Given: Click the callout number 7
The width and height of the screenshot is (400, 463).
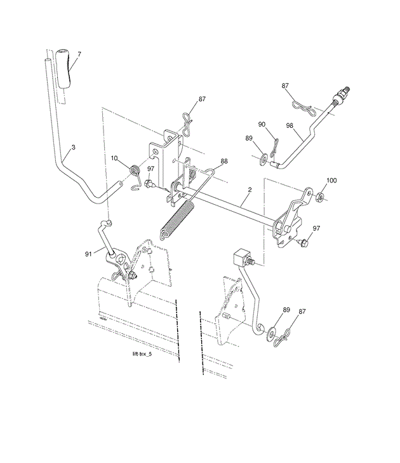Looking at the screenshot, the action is (x=79, y=54).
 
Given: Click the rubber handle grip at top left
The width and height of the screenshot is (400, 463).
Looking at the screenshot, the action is (x=64, y=68).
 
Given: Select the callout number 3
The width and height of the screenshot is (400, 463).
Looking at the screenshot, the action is (x=74, y=147).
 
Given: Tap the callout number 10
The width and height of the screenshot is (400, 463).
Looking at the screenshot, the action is (x=114, y=158).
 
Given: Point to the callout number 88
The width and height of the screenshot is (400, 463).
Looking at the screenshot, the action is (x=224, y=162).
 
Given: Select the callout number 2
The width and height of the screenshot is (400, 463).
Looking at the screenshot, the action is (x=250, y=190).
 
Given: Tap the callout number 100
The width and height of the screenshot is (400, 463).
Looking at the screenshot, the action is (x=331, y=181).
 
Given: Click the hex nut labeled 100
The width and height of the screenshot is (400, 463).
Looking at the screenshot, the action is (x=320, y=196).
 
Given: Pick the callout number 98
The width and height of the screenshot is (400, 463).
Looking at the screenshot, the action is (x=290, y=125).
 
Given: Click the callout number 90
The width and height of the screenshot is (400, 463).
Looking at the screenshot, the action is (x=262, y=124).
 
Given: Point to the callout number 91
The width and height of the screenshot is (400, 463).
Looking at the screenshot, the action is (x=88, y=254).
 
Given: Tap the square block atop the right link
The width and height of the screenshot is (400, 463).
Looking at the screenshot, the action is (x=242, y=258).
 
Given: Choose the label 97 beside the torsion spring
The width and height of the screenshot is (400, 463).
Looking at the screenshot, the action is (x=150, y=169).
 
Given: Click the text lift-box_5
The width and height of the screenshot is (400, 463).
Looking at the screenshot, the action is (x=142, y=354).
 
